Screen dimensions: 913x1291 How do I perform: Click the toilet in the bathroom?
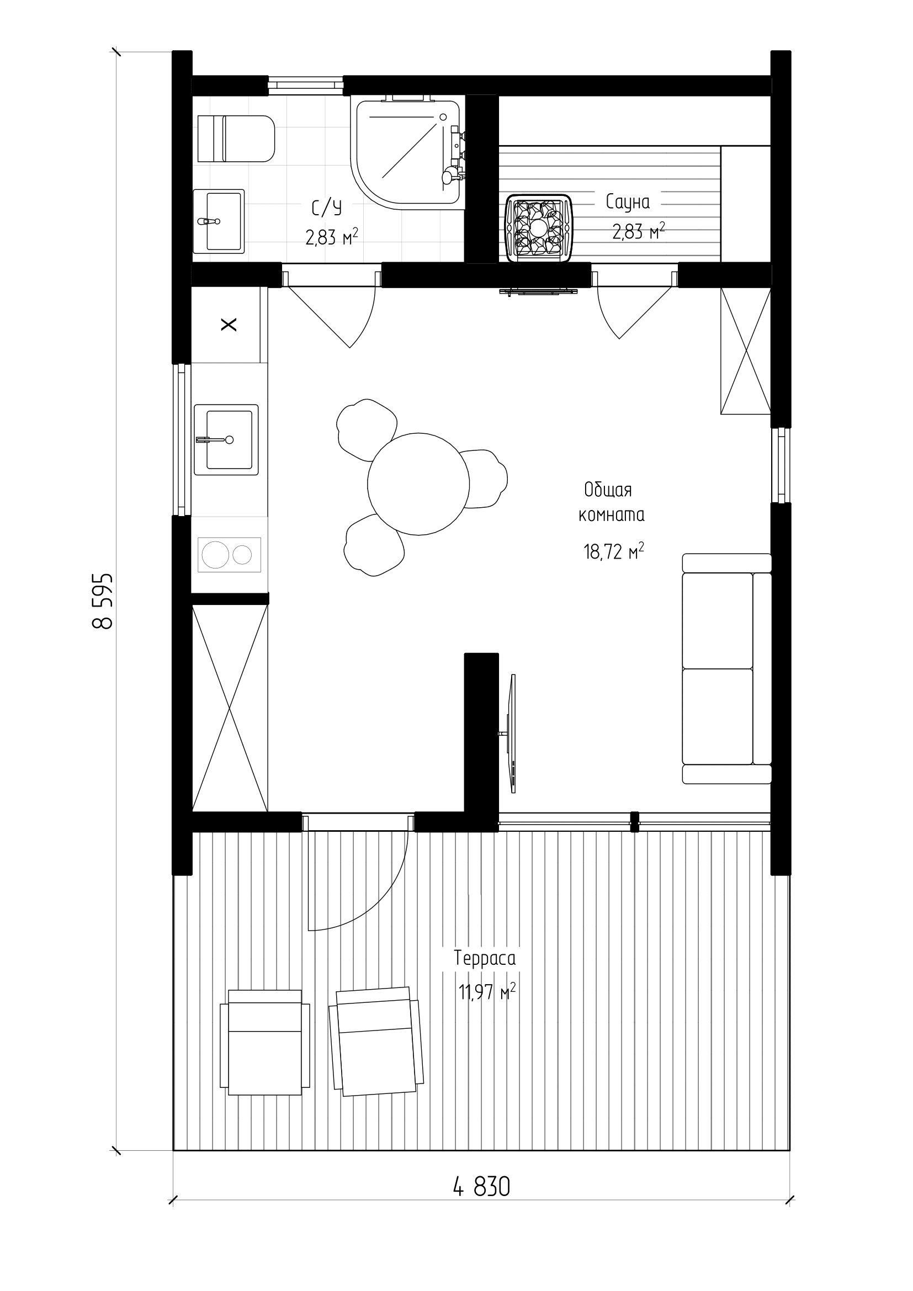click(x=236, y=139)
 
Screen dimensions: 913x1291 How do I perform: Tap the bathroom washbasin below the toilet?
click(x=219, y=221)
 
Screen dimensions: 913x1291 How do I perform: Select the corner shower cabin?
click(x=408, y=152)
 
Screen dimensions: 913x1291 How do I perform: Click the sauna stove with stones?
click(x=539, y=229)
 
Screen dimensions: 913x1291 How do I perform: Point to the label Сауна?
click(x=628, y=202)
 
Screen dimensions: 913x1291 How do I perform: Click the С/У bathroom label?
click(x=327, y=208)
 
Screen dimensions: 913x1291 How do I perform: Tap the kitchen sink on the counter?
click(x=226, y=440)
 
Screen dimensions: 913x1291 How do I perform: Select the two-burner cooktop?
click(x=230, y=555)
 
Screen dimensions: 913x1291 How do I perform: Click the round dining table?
click(x=418, y=484)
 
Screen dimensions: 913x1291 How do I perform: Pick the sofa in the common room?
click(x=726, y=668)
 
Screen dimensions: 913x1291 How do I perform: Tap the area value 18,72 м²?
click(x=613, y=551)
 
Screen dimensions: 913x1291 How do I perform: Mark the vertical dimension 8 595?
click(x=103, y=601)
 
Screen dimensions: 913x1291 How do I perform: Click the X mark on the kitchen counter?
click(x=229, y=325)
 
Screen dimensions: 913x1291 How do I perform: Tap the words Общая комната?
click(x=611, y=502)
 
